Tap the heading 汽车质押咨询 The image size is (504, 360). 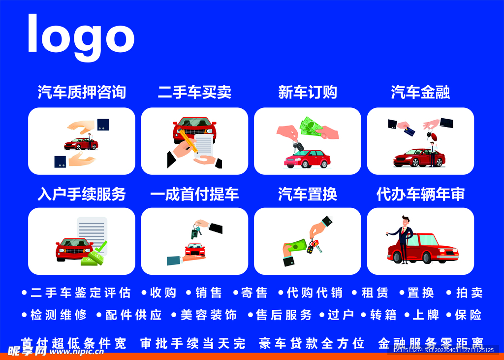(x=82, y=92)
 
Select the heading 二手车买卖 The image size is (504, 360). (x=194, y=92)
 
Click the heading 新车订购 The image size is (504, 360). (x=307, y=92)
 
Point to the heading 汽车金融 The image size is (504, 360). (x=420, y=92)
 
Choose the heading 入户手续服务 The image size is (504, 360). (x=82, y=194)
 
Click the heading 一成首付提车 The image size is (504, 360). (x=194, y=194)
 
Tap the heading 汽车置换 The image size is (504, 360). (x=307, y=194)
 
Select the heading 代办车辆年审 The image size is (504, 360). (x=420, y=194)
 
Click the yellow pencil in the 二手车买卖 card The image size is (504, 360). (x=189, y=140)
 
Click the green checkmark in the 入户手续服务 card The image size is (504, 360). (x=101, y=246)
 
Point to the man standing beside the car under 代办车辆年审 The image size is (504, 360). (x=404, y=239)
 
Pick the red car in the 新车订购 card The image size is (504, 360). (x=307, y=159)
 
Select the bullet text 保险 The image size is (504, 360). (x=468, y=315)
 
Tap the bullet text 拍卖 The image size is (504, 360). (x=469, y=293)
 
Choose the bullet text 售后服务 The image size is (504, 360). (x=284, y=315)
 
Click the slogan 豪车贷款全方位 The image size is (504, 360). (x=312, y=343)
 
